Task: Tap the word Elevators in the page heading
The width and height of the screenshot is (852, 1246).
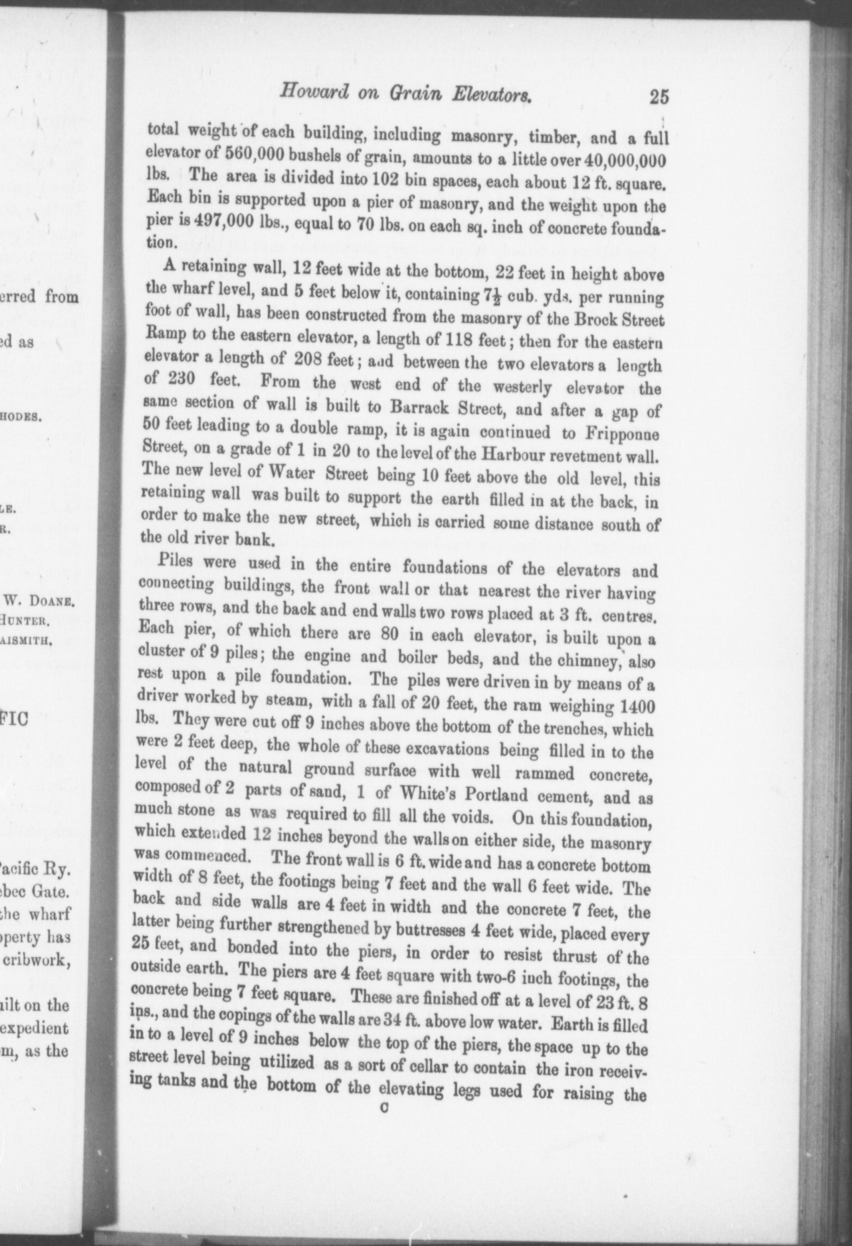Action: pyautogui.click(x=494, y=95)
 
